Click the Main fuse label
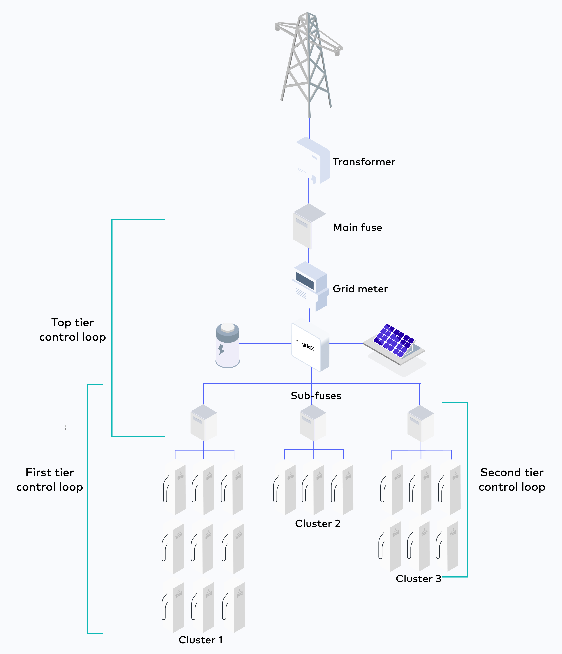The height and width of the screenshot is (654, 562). (x=357, y=228)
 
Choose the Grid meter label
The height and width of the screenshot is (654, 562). (x=360, y=289)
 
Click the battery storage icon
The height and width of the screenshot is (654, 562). (x=227, y=346)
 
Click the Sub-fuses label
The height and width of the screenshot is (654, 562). (x=316, y=396)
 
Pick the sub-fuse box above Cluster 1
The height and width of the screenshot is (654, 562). (x=204, y=423)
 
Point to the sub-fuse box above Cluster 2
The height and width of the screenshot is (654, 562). (x=313, y=423)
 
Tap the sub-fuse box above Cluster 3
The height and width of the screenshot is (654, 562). (x=421, y=424)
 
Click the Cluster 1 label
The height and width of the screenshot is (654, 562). (x=201, y=640)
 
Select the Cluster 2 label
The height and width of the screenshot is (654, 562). (x=317, y=523)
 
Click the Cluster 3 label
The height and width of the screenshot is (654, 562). (x=418, y=579)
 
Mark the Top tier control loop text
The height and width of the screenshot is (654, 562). (x=73, y=330)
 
